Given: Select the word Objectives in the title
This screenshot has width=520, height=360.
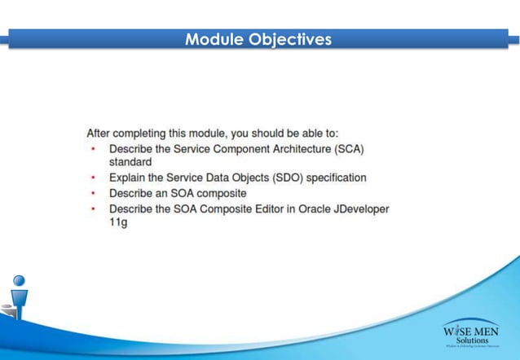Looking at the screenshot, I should click(290, 39).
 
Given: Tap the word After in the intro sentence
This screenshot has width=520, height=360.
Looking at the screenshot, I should click(99, 133).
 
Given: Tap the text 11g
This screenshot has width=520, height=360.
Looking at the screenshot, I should click(118, 222).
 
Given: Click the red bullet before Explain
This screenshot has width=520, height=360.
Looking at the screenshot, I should click(93, 178).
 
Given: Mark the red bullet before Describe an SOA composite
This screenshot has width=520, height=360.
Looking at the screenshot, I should click(93, 193).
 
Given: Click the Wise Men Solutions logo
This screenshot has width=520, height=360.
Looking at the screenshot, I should click(471, 334).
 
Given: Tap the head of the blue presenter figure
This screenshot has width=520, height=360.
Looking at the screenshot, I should click(18, 280).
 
